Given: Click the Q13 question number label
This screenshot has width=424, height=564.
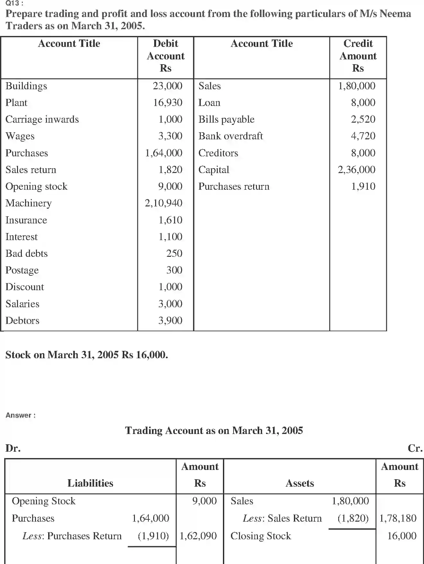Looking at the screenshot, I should coord(14,4).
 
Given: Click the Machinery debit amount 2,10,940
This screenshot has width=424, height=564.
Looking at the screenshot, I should coord(163,203).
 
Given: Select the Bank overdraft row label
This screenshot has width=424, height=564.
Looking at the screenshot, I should coord(230,136).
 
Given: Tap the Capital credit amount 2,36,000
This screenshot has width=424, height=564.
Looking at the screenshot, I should coord(356,169).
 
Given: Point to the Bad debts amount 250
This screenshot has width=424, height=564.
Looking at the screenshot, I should coord(174,253).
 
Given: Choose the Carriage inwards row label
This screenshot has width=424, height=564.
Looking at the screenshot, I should coord(42,119).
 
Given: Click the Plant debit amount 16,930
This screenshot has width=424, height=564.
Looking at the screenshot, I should coord(167,102).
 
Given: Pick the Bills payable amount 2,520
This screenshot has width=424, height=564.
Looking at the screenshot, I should coord(363,119).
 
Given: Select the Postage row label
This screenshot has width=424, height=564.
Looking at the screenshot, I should coord(22,270).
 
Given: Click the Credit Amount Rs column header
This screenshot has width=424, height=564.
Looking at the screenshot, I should coord(358,56).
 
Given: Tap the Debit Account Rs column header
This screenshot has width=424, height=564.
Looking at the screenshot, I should coord(165,56).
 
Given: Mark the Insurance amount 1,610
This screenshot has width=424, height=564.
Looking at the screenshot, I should coord(170,220).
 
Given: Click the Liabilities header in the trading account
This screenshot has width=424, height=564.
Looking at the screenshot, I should coord(90,483).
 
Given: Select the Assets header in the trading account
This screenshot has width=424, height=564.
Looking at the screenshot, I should coord(300,483).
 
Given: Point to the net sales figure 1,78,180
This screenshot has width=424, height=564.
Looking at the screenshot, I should coord(398,518).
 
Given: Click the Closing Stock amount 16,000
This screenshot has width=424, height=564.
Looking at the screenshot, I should coord(402,536).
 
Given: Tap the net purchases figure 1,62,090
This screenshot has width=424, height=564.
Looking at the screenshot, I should coord(198,536).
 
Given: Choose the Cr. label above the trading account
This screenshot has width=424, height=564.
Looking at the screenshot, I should coord(415,448).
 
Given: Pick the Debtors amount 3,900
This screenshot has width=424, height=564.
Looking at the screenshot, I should coord(170,320).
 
